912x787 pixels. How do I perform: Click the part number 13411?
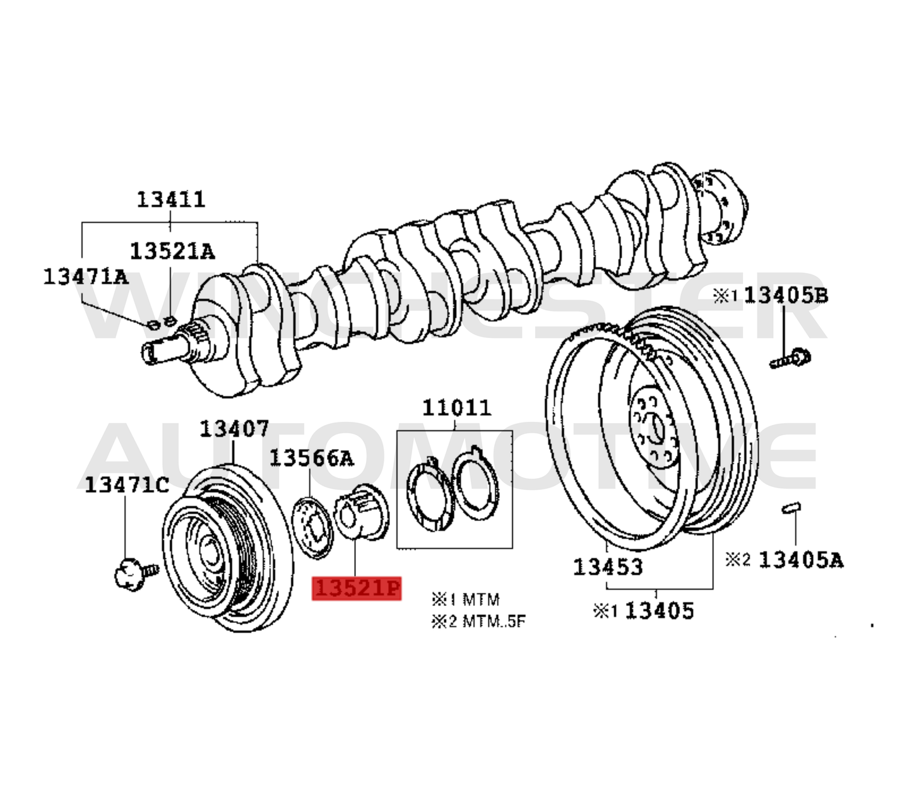coord(171,199)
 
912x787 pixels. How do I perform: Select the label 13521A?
coord(172,251)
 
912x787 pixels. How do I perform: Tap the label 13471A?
coord(85,276)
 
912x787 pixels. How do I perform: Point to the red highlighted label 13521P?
coord(357,588)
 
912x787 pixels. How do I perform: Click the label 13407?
coord(234,429)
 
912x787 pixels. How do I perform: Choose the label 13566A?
coord(311,458)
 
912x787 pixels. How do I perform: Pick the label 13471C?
coord(127,484)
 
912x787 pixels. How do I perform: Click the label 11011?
coord(456,408)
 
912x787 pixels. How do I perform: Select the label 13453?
coord(607,567)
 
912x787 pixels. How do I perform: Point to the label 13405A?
coord(800,559)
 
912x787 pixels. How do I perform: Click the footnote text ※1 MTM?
coord(465,599)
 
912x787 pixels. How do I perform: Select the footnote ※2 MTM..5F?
coord(478,622)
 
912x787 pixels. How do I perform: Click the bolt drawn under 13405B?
coord(790,359)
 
